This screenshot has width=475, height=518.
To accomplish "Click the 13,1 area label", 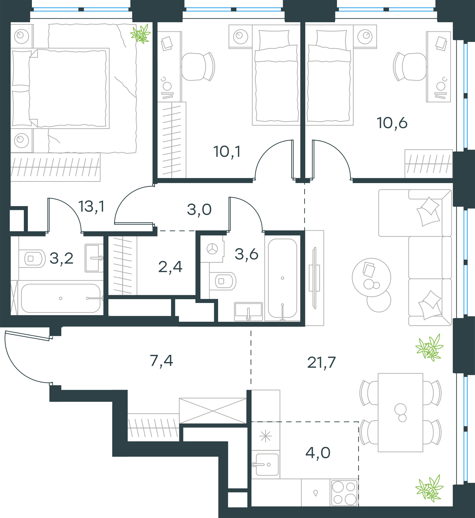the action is (91, 207).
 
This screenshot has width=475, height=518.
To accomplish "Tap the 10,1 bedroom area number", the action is (227, 152).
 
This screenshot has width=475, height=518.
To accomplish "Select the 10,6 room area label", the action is (392, 123).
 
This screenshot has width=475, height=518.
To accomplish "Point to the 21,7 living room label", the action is (321, 362).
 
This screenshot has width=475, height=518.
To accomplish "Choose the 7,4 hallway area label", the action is (161, 361).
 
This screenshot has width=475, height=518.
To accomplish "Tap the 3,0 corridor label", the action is (199, 210).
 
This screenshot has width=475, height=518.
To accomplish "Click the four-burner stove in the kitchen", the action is (344, 493).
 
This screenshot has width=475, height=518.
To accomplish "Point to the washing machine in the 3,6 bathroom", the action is (212, 249).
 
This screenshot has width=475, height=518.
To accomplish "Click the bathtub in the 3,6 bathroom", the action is (282, 278).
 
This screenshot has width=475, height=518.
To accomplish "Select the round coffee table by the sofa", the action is (371, 277).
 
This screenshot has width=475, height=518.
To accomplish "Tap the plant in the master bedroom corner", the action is (141, 34).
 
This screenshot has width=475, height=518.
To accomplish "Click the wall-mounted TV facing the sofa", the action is (314, 278).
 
